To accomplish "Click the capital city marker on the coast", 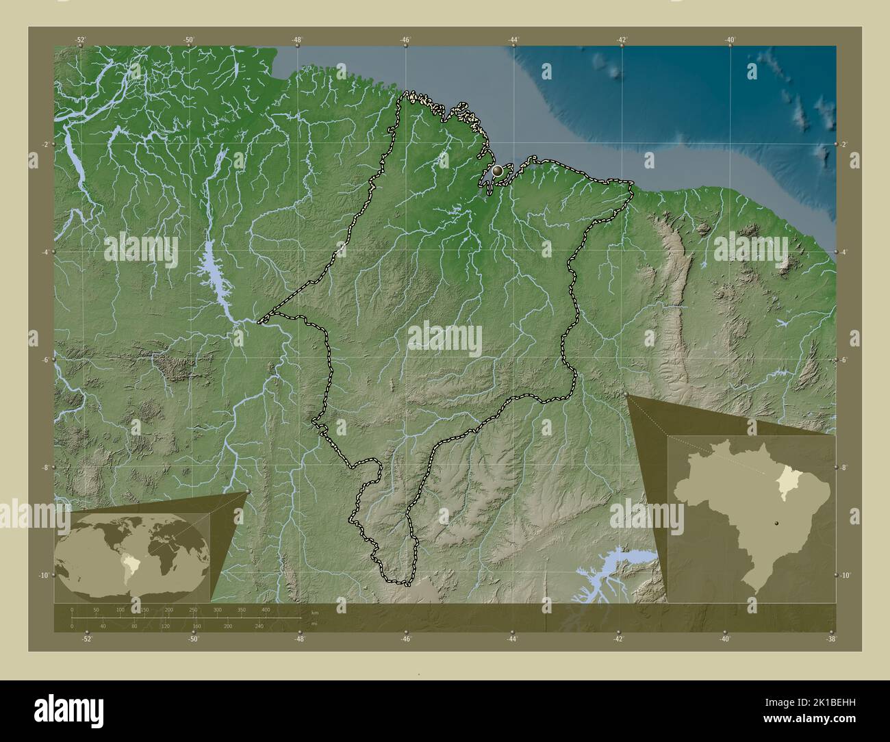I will [498, 170].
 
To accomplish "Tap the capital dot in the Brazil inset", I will [776, 522].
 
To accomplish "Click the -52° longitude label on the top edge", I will [81, 40].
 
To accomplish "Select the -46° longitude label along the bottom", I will [406, 639].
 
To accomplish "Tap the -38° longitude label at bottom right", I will [831, 639].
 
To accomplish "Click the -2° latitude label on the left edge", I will [44, 144].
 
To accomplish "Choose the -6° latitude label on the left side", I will [44, 360].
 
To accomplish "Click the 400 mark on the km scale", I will [265, 609].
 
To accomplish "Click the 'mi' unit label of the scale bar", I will [314, 622].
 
